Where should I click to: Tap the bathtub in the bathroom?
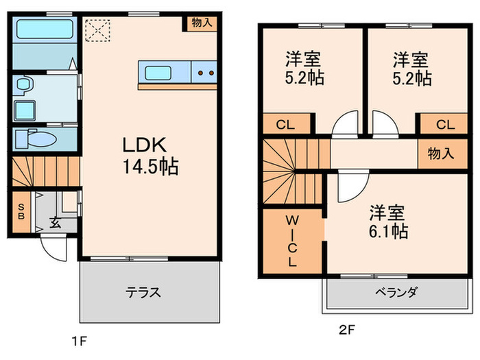click(x=44, y=31)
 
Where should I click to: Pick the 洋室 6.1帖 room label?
click(x=389, y=221)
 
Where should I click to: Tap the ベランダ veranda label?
click(x=396, y=292)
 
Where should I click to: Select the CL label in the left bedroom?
click(x=282, y=124)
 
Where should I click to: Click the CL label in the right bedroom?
click(x=444, y=124)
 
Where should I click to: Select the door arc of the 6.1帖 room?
click(x=348, y=184)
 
